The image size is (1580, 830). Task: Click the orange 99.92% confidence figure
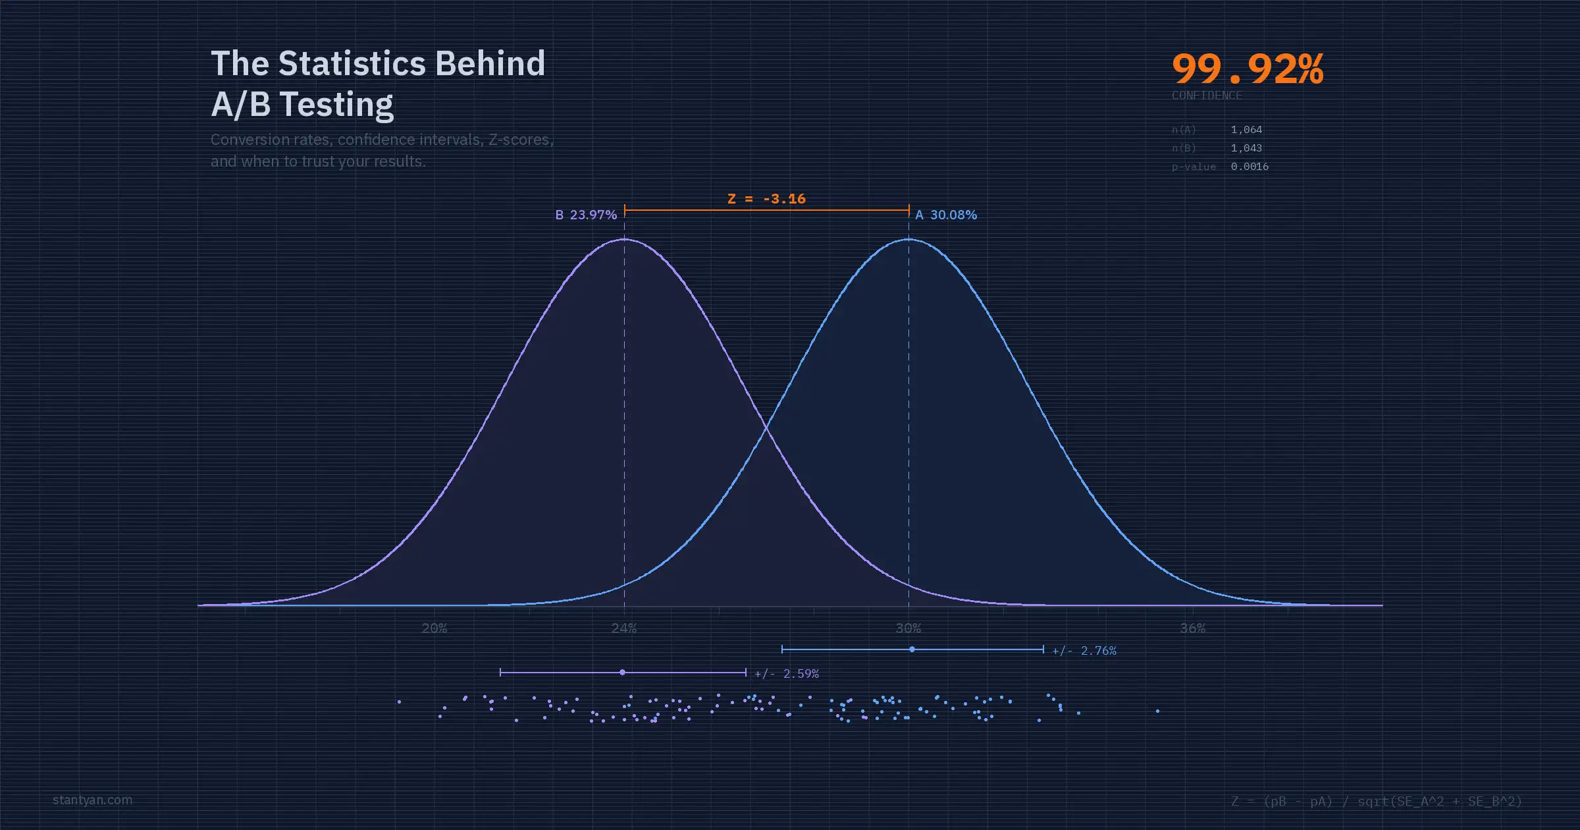[1247, 69]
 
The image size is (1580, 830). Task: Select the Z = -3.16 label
[766, 199]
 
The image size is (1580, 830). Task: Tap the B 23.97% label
[586, 215]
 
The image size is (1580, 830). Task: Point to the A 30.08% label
[946, 215]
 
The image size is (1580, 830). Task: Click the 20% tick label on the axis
[434, 628]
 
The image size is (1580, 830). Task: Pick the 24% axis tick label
[624, 628]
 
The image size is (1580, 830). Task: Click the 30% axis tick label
[908, 628]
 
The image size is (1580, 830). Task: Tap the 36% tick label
[1193, 628]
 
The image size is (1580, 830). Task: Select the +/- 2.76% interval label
[1084, 651]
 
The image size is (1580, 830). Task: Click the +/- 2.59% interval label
[787, 674]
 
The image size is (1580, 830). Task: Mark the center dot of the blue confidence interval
[912, 650]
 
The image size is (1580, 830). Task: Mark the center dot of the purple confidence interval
[622, 673]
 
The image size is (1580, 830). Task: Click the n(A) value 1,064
[1246, 130]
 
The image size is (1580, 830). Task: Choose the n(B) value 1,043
[1246, 148]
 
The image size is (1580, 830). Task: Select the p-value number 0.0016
[1250, 167]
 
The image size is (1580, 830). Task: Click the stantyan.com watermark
[92, 800]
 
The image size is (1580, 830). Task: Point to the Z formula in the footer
[1377, 801]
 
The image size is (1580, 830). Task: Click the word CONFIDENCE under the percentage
[1207, 96]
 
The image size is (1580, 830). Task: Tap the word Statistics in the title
[352, 63]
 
